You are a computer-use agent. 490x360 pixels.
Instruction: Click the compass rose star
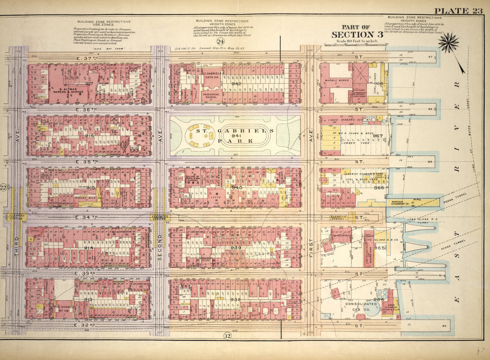(449, 44)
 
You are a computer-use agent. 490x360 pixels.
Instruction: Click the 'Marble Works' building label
(335, 80)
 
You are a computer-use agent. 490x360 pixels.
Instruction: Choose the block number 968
(379, 84)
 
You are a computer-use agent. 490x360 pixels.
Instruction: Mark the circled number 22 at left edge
(4, 186)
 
